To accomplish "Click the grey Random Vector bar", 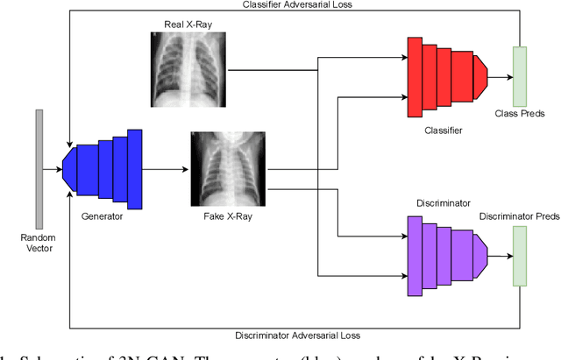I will (39, 169).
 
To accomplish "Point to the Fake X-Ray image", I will (221, 169).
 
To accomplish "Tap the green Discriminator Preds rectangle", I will (519, 256).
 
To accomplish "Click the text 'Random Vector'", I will (39, 243).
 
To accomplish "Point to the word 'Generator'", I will (102, 216).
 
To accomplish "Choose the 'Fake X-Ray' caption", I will (221, 216).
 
